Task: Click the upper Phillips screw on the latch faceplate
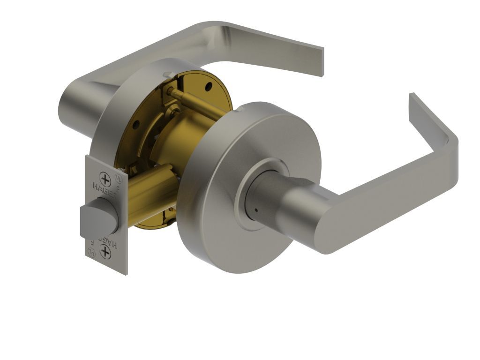click(105, 180)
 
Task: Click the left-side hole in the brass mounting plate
click(135, 125)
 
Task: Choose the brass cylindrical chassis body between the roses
click(187, 131)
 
